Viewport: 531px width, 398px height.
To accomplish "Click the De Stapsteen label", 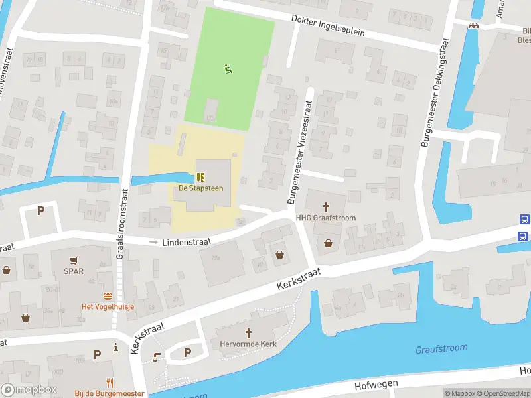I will (x=200, y=188).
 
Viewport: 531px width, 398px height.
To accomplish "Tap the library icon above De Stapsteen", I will (x=200, y=177).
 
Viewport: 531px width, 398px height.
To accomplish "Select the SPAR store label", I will (x=74, y=271).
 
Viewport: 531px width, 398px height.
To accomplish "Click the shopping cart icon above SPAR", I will (x=74, y=261).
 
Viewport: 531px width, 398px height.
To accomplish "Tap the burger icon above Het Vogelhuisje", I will (x=107, y=295).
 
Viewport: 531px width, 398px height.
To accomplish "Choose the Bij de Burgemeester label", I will (x=110, y=393).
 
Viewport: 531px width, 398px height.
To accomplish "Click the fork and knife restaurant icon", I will (x=110, y=382).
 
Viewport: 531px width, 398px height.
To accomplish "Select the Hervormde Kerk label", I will (x=249, y=344).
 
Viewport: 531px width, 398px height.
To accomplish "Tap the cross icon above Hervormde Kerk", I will (x=249, y=333).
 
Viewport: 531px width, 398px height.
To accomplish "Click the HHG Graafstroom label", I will (x=326, y=218).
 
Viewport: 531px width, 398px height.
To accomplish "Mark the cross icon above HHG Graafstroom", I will (x=327, y=206).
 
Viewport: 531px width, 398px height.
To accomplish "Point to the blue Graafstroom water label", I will (x=441, y=348).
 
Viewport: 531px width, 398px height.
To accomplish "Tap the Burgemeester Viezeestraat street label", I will (x=299, y=153).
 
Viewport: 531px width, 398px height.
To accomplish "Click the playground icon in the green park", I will (x=228, y=68).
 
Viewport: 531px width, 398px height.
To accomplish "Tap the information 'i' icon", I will (x=116, y=346).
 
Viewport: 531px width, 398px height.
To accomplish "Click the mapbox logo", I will (x=29, y=390).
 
